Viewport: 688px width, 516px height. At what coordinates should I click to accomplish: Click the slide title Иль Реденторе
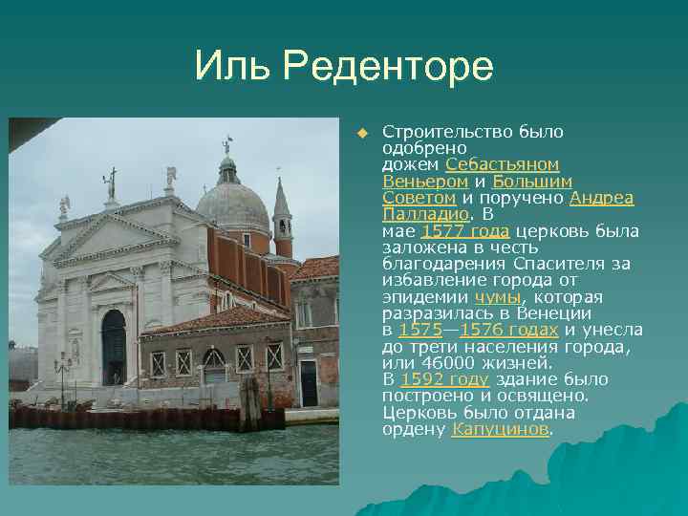344,67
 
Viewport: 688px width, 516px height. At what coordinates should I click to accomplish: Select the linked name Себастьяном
503,164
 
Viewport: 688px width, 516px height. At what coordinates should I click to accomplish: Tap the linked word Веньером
425,181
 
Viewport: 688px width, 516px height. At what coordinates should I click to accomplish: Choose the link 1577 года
465,231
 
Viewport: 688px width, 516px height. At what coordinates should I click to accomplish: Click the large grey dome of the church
233,204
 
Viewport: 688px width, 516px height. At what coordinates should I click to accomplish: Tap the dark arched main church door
114,348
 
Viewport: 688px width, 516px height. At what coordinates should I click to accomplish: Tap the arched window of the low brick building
214,362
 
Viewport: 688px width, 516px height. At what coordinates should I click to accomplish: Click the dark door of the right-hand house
309,382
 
